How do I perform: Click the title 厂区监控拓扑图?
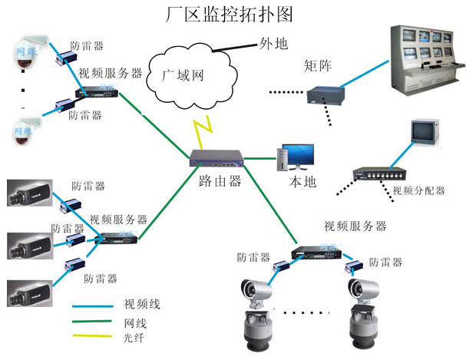[x=230, y=14]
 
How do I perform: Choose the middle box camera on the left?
[x=29, y=244]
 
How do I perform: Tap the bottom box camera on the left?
[x=29, y=292]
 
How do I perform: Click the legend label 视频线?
[x=142, y=305]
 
